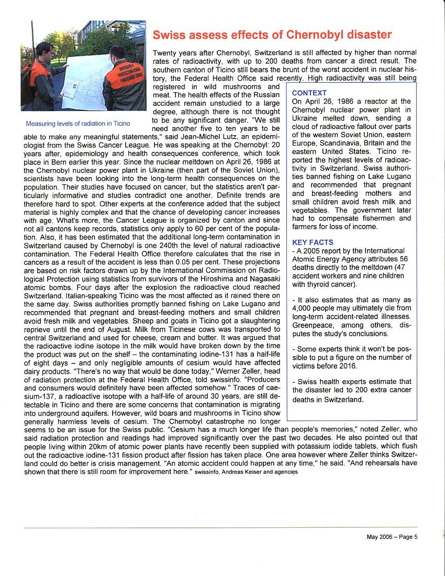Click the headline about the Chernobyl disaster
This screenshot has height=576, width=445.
[272, 35]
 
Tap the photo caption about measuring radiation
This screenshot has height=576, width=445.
[77, 124]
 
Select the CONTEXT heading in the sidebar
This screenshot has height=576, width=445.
[309, 93]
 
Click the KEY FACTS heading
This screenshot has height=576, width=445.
[313, 242]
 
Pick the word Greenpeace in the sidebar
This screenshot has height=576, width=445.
[314, 325]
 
